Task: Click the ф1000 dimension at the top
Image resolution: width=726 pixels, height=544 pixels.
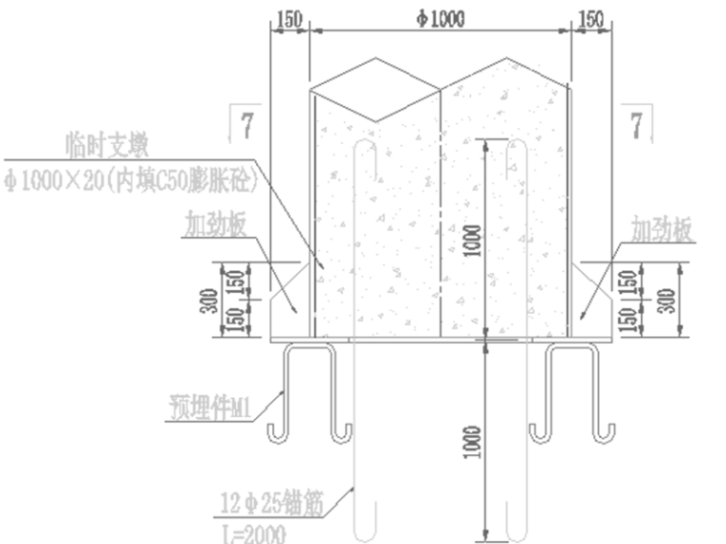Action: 440,19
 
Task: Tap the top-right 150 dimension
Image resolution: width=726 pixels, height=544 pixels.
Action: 591,19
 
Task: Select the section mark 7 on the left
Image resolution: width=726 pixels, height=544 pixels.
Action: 247,123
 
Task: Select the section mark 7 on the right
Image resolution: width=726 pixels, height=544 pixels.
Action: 639,123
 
